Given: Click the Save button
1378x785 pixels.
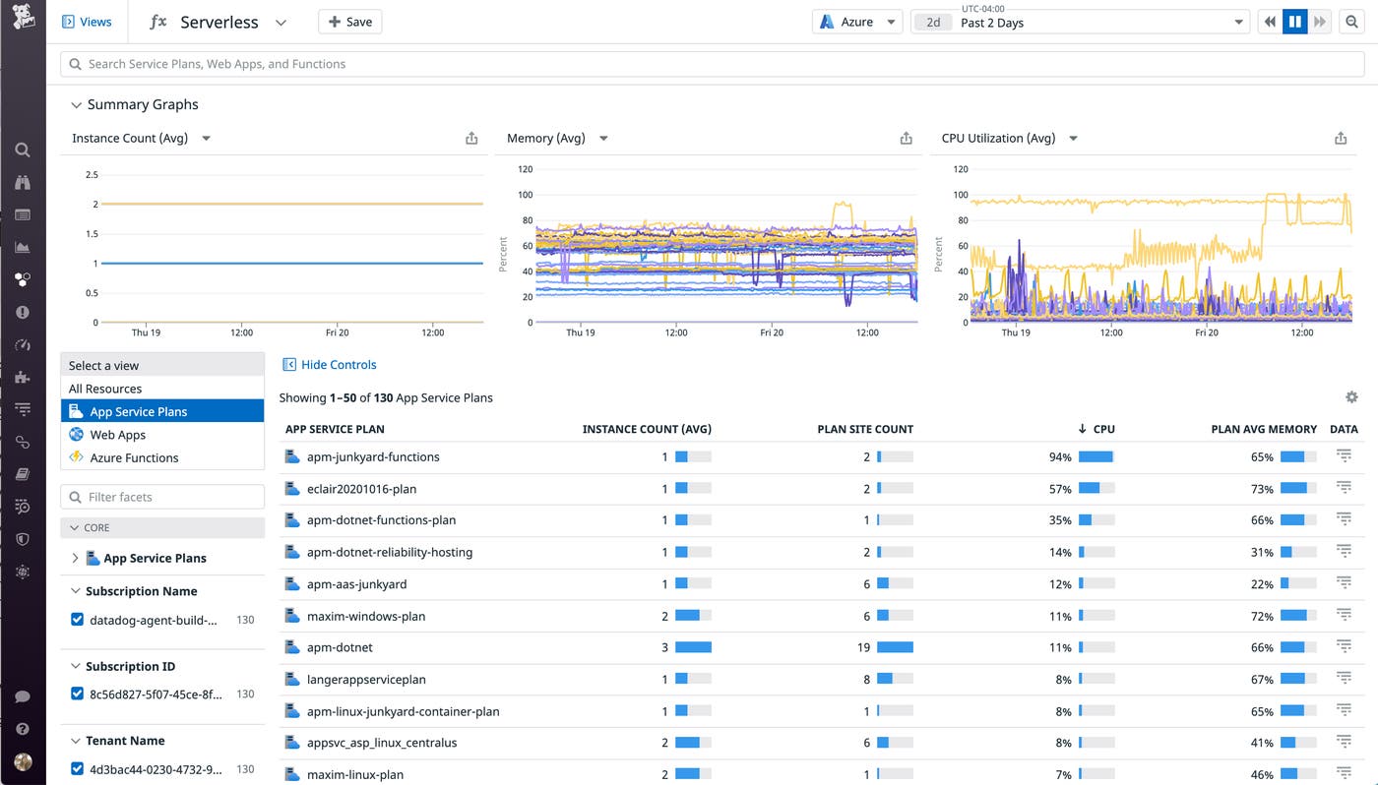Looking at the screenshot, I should click(x=349, y=22).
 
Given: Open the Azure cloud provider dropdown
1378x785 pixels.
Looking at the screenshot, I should click(x=856, y=22).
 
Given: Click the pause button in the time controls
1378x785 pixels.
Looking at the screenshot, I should click(x=1294, y=22).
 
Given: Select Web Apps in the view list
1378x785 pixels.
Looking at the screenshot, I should click(x=117, y=435).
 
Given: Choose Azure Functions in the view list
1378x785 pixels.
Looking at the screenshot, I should click(x=134, y=457).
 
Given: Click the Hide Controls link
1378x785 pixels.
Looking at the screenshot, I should click(x=338, y=365).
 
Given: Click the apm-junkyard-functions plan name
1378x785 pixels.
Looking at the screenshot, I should click(x=373, y=457).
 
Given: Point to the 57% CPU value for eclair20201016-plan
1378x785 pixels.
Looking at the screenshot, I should click(x=1059, y=489).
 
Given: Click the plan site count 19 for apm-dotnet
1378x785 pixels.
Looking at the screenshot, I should click(x=863, y=647).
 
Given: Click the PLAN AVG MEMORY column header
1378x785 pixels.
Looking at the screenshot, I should click(x=1263, y=429).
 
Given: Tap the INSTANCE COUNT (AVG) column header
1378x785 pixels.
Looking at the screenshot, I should click(x=646, y=429).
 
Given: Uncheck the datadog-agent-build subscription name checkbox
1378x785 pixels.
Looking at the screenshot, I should click(x=78, y=620).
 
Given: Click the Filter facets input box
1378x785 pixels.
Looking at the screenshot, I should click(x=162, y=497).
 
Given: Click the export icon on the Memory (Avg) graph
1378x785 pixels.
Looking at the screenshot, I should click(x=906, y=139).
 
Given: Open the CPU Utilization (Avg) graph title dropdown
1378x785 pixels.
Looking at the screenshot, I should click(x=1073, y=139).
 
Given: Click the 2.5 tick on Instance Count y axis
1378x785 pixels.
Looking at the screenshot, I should click(x=92, y=175).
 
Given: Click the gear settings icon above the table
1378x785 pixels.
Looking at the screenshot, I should click(x=1351, y=397).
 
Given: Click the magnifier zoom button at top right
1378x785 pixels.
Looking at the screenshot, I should click(x=1351, y=22).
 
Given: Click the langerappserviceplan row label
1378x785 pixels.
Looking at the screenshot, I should click(x=366, y=680).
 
